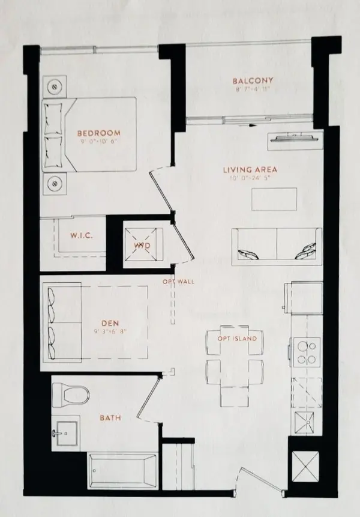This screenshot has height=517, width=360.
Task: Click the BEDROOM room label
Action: (98, 133)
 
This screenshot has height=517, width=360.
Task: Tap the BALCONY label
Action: (253, 81)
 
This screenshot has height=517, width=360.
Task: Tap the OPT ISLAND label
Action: (238, 339)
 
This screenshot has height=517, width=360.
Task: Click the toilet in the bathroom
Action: (70, 394)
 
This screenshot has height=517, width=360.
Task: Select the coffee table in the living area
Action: (274, 199)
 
